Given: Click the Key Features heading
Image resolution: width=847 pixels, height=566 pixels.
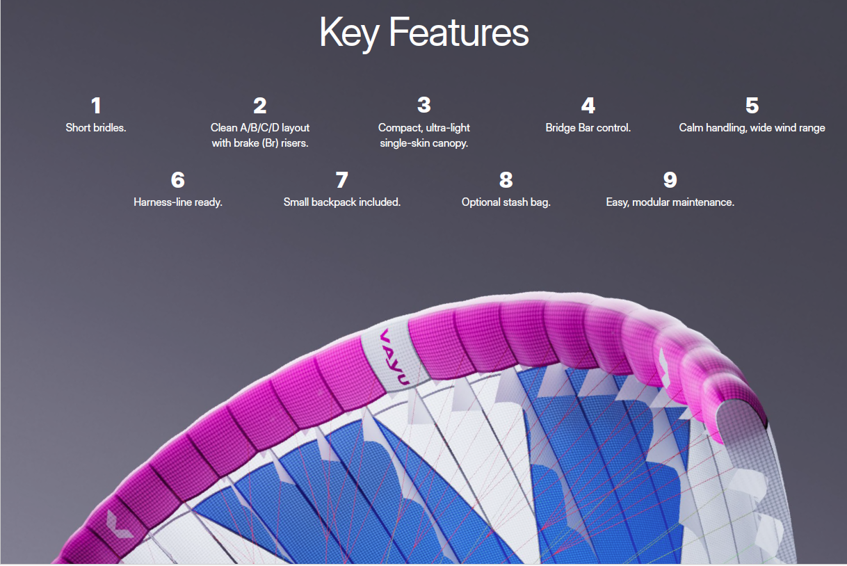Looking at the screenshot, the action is (424, 33).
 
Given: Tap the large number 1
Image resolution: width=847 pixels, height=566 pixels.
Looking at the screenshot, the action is (96, 106).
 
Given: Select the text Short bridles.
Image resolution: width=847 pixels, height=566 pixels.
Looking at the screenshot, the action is (96, 128).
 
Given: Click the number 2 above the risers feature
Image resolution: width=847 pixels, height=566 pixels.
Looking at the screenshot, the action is (260, 106).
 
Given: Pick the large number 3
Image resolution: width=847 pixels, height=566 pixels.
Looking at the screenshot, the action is (424, 105).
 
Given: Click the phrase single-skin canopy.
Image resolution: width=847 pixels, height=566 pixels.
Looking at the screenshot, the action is (424, 143).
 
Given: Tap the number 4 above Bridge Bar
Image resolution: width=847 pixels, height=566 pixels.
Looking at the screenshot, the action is (588, 106).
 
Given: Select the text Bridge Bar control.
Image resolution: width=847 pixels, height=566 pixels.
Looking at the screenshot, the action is (588, 128).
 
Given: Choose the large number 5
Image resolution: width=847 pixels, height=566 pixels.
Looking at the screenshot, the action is (752, 106).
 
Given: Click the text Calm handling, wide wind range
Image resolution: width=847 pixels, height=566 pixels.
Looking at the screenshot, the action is (752, 128).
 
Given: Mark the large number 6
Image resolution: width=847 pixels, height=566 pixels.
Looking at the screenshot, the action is (178, 180).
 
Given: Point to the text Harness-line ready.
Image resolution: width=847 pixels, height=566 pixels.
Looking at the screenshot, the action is (178, 202).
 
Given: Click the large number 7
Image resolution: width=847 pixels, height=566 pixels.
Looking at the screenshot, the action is (342, 180).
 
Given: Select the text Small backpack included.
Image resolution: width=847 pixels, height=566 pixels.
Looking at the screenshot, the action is (342, 202).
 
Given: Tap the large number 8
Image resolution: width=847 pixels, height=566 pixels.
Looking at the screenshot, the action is (506, 180).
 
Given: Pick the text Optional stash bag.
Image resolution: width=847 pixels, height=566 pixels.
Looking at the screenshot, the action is (506, 202).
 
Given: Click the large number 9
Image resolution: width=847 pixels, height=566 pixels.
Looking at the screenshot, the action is (670, 180).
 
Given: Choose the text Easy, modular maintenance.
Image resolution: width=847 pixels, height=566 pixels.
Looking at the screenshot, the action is (670, 202).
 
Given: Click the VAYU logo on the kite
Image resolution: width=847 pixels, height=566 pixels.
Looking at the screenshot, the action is (394, 357).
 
